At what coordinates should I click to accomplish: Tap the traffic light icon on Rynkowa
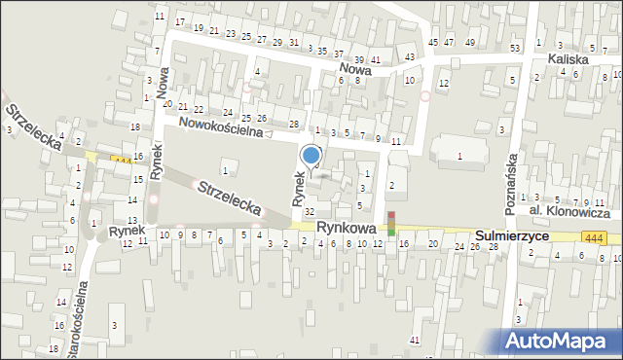click(392, 223)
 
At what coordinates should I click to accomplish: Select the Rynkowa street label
click(347, 227)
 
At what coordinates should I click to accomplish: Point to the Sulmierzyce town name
click(512, 236)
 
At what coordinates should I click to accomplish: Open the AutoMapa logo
click(561, 341)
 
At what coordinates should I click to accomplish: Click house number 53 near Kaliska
click(514, 48)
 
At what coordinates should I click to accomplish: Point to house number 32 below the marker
click(310, 211)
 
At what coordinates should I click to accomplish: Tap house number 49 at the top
click(470, 43)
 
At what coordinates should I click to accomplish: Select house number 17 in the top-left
click(180, 21)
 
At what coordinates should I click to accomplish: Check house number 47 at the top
click(449, 43)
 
